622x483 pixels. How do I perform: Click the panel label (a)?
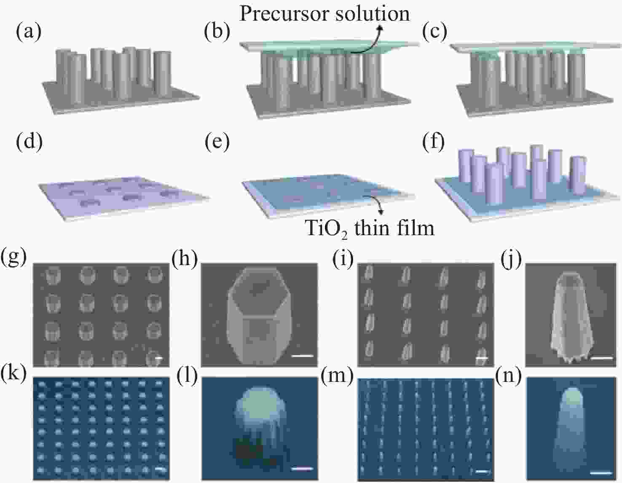(29, 32)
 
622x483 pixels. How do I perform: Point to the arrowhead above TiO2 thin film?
(381, 212)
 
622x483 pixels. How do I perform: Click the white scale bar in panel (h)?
(302, 356)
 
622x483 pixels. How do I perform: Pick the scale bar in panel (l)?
(302, 469)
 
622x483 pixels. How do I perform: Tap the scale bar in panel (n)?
(601, 473)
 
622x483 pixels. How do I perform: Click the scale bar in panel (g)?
(160, 358)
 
